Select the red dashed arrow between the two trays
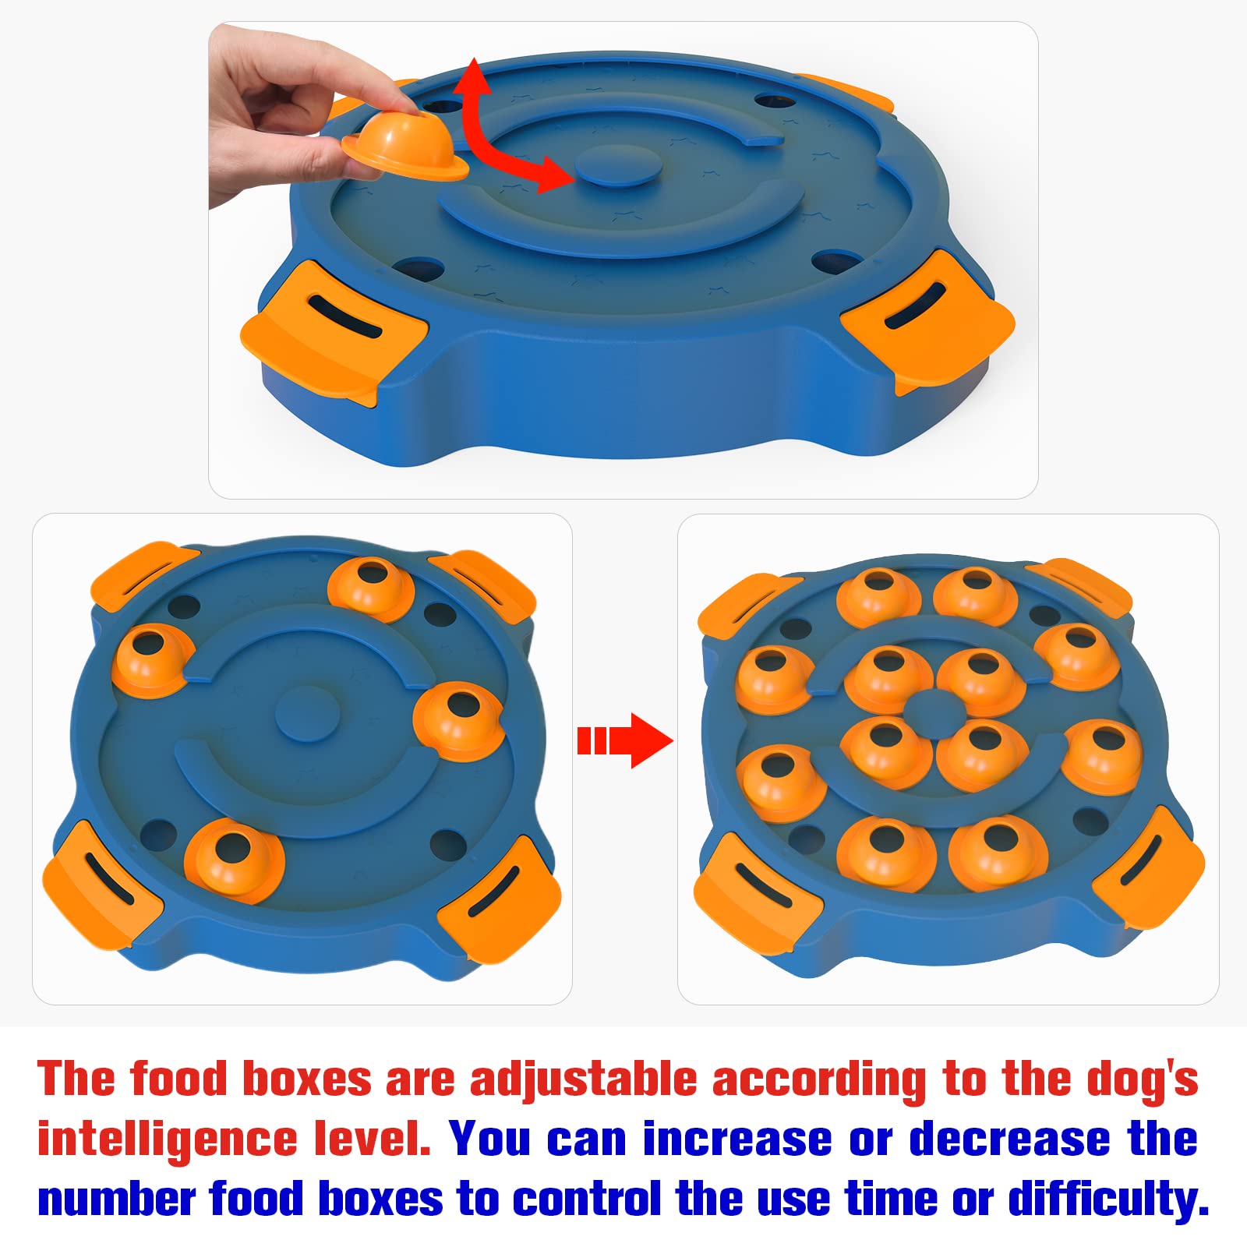[x=624, y=740]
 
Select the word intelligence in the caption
[x=168, y=1139]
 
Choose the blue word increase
[x=737, y=1139]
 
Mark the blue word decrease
[x=1009, y=1139]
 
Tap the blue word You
[x=489, y=1139]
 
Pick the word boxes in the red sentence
[x=307, y=1080]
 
